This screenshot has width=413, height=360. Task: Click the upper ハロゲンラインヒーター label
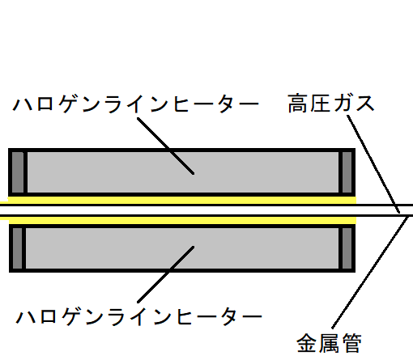coord(136,104)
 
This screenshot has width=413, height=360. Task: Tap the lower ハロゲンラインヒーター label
coord(139,316)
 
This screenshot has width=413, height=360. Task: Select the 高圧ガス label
coord(331,104)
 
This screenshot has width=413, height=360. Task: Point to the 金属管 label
coord(329,343)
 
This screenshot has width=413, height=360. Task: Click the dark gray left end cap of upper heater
coord(18,172)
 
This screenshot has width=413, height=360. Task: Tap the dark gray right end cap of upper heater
coord(347,172)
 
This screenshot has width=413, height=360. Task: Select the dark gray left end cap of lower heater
coord(17,248)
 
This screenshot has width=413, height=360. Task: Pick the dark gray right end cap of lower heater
coord(347,248)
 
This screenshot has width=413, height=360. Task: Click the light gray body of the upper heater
coord(183,172)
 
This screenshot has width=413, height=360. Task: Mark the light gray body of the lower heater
coord(182,248)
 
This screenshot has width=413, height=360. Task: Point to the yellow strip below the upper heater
coord(178,201)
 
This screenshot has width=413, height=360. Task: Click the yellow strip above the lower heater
coord(178,220)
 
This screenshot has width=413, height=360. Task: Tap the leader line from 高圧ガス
coord(373,164)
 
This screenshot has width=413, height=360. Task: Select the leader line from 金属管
coord(370,272)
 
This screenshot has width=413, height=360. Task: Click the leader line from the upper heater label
coord(165,146)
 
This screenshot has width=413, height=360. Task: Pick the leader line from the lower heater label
coord(165,274)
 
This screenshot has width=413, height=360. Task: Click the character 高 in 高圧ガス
coord(298,104)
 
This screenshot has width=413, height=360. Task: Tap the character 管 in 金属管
coord(351,343)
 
